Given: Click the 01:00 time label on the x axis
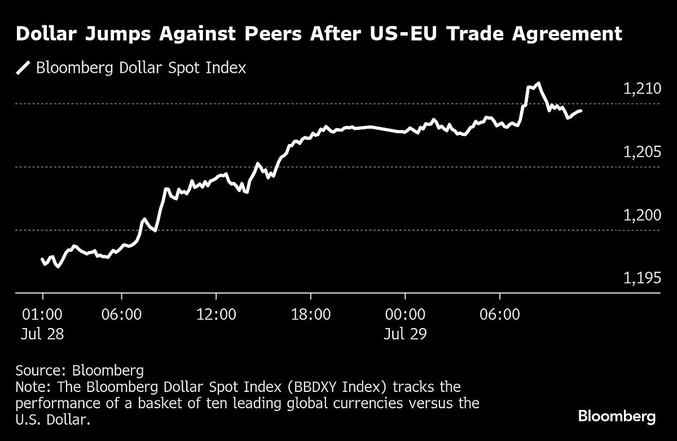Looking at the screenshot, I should click(42, 314).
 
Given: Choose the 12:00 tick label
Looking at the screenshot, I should click(217, 314).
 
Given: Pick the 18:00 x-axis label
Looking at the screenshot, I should click(311, 314).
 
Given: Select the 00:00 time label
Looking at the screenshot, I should click(405, 314).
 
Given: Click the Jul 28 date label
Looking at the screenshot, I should click(42, 334).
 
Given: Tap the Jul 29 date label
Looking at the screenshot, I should click(405, 334).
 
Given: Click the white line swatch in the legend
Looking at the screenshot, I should click(23, 68).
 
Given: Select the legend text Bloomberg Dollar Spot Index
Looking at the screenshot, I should click(141, 68).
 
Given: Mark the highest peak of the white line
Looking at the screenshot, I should click(539, 84).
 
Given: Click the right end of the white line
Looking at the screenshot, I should click(581, 111).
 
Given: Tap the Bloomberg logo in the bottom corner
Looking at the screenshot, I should click(617, 417).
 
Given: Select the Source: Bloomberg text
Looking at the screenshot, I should click(80, 371).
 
